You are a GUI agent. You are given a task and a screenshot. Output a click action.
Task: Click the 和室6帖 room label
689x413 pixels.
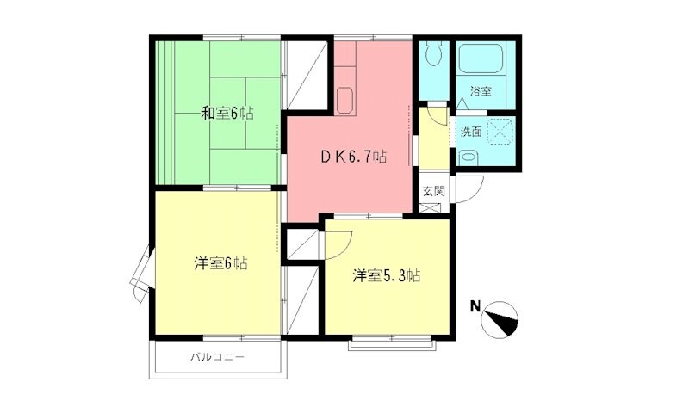tap(227, 113)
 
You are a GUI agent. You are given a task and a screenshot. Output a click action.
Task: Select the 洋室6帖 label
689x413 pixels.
tap(220, 263)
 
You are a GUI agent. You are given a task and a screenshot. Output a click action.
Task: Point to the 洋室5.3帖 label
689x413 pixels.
tap(387, 276)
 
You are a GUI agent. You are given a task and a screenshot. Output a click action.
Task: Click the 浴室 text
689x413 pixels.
tap(481, 91)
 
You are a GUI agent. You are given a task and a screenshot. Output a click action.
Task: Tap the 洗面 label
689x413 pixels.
tap(470, 133)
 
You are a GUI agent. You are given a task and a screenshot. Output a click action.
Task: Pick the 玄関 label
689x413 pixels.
tap(432, 190)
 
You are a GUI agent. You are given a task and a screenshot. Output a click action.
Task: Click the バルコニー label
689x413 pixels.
tap(218, 356)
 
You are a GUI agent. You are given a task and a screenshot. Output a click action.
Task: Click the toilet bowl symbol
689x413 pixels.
tap(433, 57)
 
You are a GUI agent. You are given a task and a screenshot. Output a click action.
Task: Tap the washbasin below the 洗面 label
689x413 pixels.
tap(468, 157)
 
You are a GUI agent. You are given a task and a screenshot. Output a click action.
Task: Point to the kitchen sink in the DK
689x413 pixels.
tap(344, 102)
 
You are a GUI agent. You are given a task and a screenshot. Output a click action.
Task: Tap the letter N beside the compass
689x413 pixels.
tap(475, 305)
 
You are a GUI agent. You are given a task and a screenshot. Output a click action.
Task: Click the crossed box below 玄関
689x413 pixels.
tap(432, 209)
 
